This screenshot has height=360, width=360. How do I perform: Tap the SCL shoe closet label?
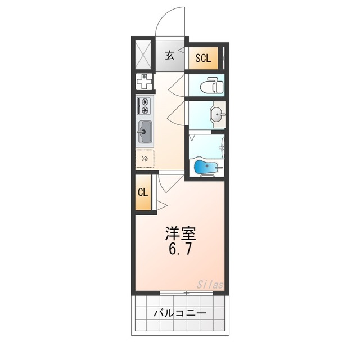[x=202, y=57]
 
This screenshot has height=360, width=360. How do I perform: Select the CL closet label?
[x=143, y=192]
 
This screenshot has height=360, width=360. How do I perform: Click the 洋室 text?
[x=180, y=232]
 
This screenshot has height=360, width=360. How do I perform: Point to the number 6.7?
[x=180, y=249]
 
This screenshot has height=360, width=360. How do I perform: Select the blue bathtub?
[x=205, y=166]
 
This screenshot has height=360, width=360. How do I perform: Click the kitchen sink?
[x=145, y=133]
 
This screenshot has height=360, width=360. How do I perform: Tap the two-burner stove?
[x=145, y=106]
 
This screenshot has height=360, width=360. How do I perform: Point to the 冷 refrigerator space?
[x=145, y=159]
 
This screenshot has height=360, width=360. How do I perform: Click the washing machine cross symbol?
[x=145, y=82]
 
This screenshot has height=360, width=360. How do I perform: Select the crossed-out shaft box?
[x=143, y=55]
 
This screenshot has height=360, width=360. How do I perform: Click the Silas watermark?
[x=210, y=285]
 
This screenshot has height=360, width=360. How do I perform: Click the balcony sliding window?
[x=186, y=293]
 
